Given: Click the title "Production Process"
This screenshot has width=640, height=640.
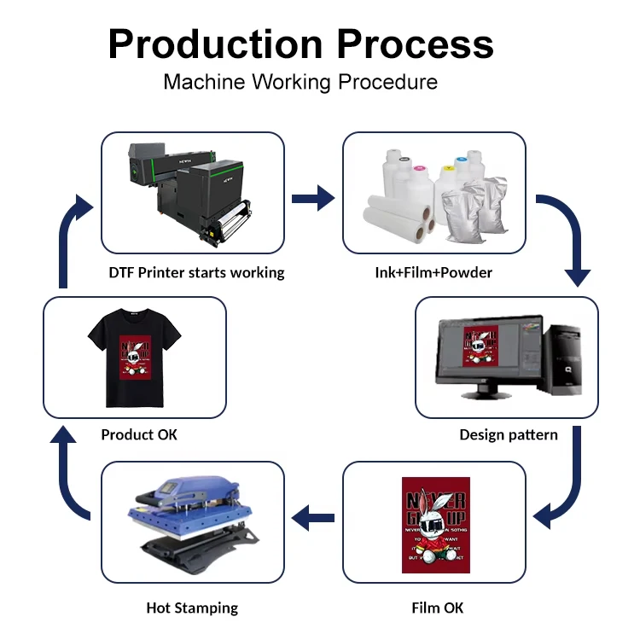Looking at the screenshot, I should pos(300,44).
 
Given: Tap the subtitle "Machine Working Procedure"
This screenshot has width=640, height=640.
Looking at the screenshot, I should pos(300,82).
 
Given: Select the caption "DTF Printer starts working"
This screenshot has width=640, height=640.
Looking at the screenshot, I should pos(196,272).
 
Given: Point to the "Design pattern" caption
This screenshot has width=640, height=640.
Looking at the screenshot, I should pos(509,434).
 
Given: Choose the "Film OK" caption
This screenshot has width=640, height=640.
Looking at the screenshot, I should pos(438,608).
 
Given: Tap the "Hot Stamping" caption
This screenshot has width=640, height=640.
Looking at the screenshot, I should pos(192,608).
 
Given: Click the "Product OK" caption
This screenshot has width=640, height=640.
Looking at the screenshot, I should pos(139,434).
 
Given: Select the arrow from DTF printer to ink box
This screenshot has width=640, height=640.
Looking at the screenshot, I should pos(312,199).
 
